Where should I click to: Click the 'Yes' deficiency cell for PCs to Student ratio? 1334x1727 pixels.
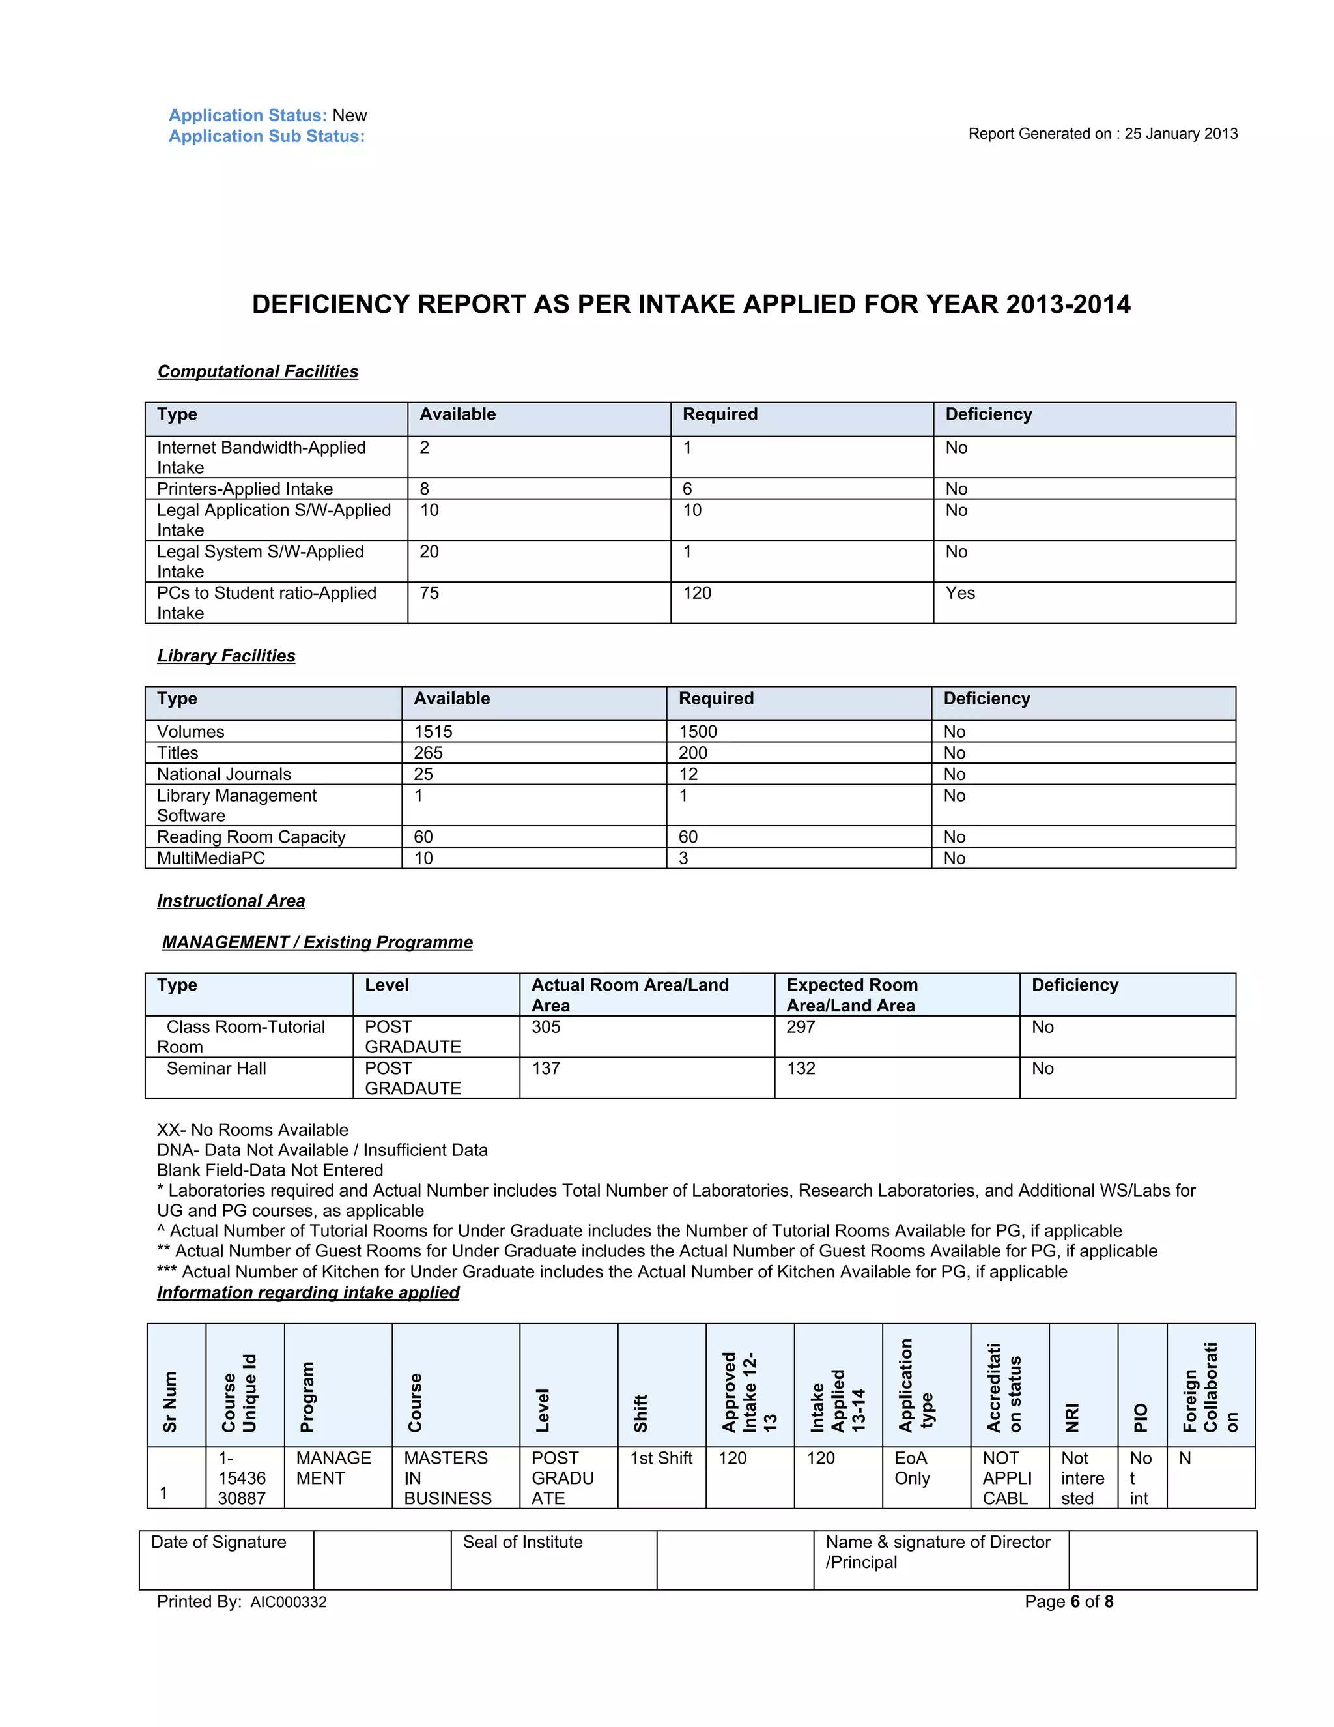[959, 593]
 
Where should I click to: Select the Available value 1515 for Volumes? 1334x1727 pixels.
[433, 731]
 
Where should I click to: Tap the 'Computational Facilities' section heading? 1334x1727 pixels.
[258, 371]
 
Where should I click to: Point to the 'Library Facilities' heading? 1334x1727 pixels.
[226, 656]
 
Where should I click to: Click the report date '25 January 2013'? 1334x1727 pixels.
[1181, 134]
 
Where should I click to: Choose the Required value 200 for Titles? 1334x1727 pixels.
[693, 753]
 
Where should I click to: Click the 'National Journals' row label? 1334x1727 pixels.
[223, 774]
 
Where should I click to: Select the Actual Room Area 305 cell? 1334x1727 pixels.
[545, 1026]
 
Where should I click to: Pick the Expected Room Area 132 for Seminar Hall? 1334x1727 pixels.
[801, 1068]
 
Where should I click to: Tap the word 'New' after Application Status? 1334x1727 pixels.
[349, 115]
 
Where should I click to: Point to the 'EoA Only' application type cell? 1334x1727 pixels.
[912, 1468]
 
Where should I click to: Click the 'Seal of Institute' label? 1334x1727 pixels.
[522, 1542]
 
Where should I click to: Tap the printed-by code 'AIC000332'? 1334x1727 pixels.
[289, 1602]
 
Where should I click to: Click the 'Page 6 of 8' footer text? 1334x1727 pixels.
[1068, 1601]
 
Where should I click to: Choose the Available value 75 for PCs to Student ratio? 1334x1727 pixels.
[429, 593]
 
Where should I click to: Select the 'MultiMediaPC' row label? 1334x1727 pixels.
[211, 858]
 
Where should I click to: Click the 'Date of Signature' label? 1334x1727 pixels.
[219, 1542]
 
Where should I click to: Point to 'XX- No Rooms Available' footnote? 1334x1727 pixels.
[252, 1130]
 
